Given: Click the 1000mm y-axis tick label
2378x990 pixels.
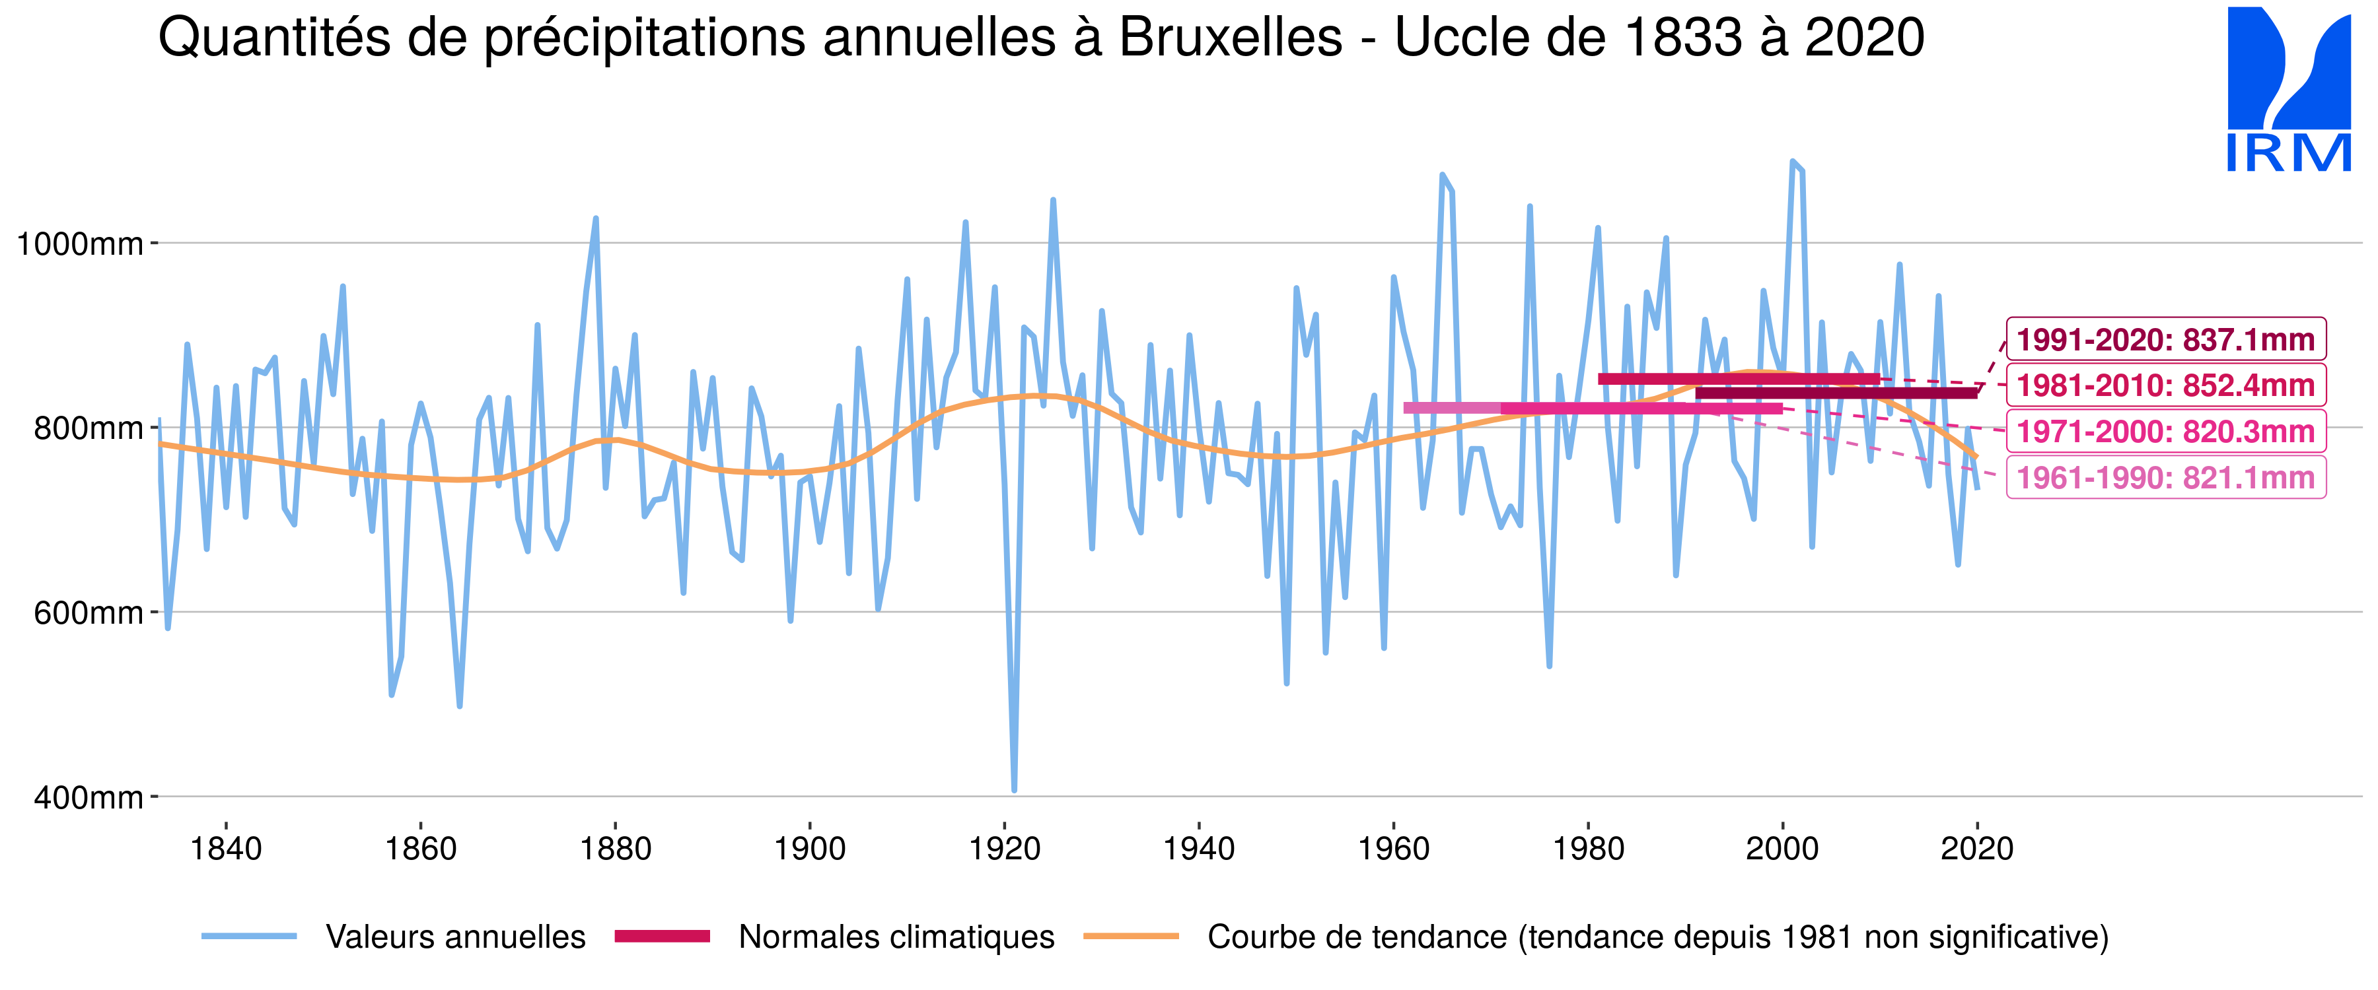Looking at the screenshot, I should pos(79,244).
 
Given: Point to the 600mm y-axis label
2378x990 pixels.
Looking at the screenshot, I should pos(88,612).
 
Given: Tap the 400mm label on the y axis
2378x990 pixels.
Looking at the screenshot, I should pos(88,797).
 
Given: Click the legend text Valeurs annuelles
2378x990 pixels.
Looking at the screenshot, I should pos(455,937).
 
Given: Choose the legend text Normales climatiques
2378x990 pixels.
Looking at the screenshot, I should pos(896,937).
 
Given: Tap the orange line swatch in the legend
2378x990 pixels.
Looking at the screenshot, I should pos(1131,937).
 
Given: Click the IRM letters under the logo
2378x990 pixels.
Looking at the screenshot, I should pos(2288,153).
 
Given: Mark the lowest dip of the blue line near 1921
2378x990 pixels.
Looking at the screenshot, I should pos(1015,789).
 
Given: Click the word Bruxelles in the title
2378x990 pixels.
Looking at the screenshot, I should pos(1231,39).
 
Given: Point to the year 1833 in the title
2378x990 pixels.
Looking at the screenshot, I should pos(1679,39).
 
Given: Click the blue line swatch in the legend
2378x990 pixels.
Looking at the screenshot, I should pos(249,937).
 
